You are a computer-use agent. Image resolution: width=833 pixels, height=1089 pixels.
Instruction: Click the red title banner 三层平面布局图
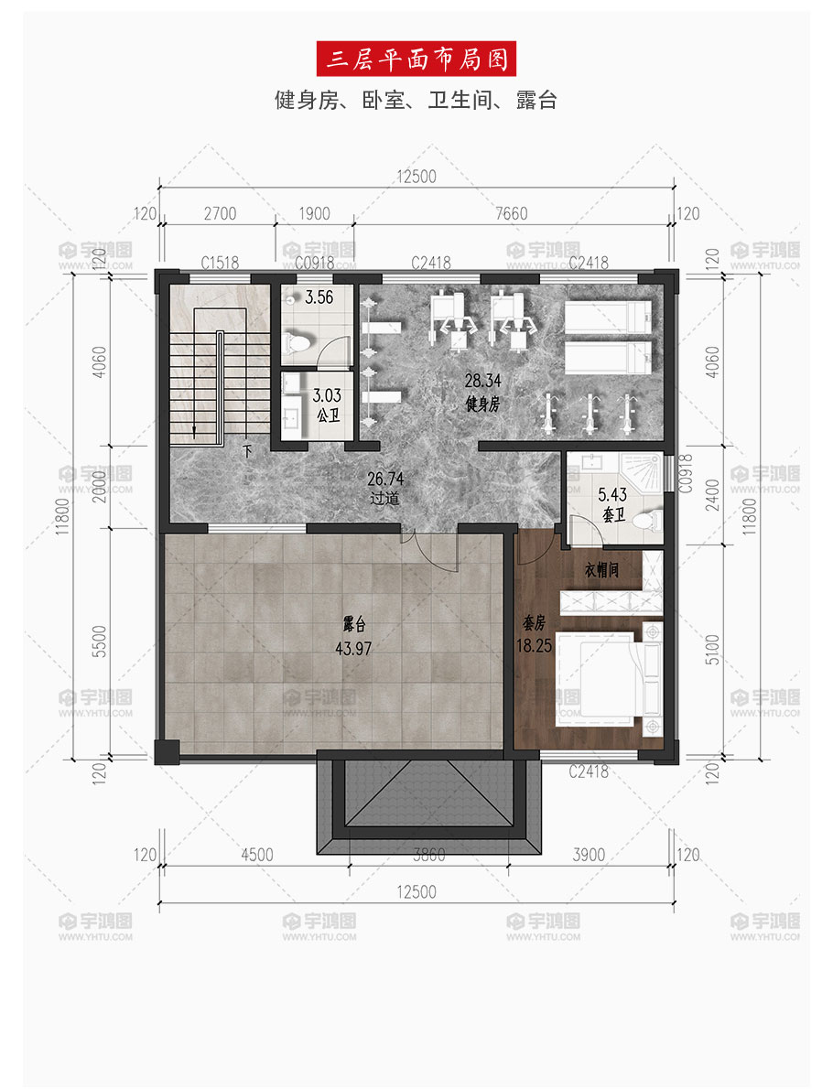416,59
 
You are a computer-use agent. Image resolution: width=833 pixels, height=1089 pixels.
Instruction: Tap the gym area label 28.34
482,381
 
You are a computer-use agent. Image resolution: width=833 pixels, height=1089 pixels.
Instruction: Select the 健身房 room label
482,404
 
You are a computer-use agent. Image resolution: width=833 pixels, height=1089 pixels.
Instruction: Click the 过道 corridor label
384,498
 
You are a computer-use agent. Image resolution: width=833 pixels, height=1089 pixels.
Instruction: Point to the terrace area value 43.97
353,649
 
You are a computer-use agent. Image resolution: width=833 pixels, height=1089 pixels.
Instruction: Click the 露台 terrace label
353,624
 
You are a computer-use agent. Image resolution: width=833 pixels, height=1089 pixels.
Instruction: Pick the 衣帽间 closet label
601,570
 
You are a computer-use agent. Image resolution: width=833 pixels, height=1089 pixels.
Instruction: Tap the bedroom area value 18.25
534,646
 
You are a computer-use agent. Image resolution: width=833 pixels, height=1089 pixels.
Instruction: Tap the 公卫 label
328,416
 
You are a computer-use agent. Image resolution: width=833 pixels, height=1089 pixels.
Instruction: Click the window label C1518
220,263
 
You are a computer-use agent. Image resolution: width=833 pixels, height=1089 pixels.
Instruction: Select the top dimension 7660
512,213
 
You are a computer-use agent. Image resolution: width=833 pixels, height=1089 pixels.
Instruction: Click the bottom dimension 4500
257,855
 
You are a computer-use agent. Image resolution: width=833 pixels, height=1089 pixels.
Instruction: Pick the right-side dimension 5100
713,650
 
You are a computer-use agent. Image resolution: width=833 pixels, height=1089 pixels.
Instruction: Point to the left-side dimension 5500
100,641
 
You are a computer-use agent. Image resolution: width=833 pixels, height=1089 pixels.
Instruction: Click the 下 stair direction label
247,451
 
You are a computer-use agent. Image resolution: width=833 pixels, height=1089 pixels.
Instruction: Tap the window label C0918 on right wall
686,473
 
